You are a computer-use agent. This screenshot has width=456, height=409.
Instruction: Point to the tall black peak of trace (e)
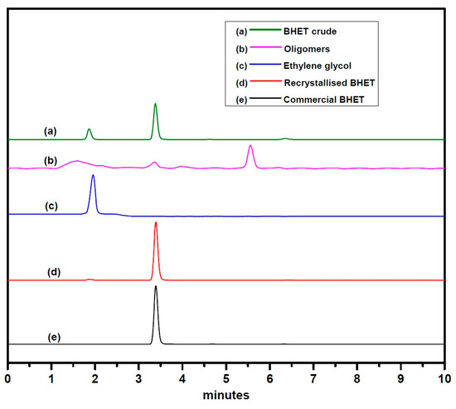click(x=156, y=289)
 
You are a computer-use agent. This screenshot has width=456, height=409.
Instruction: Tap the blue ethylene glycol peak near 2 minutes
click(x=93, y=178)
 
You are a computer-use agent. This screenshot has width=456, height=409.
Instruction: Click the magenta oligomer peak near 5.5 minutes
click(x=250, y=147)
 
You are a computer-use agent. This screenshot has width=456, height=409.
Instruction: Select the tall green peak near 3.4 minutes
click(x=155, y=106)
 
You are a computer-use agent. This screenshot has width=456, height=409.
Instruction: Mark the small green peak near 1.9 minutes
click(x=89, y=130)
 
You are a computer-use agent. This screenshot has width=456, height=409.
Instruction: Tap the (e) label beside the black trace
click(x=55, y=337)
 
